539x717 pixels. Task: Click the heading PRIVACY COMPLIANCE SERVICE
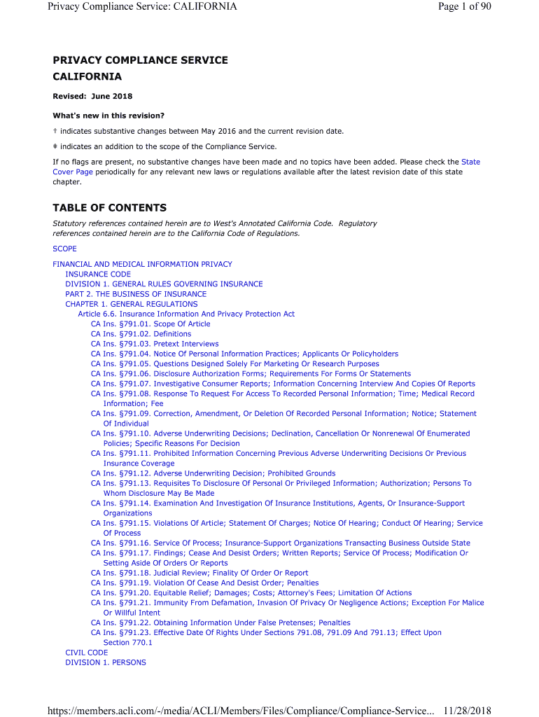pos(140,60)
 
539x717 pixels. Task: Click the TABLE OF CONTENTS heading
pos(109,208)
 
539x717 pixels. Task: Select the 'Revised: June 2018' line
pos(92,96)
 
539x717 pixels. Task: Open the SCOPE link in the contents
pos(65,249)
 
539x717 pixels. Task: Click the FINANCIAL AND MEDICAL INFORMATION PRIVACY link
pos(142,264)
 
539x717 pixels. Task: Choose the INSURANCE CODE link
pos(98,274)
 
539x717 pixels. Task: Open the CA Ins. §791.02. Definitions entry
pos(141,334)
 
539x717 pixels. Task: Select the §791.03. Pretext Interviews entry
pos(155,344)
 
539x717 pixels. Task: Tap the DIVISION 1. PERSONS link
pos(106,662)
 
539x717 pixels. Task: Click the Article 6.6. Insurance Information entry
pos(186,314)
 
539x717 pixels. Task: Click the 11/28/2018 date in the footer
pos(467,711)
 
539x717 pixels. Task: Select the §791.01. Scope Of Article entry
pos(150,324)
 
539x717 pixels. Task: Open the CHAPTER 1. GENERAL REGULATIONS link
pos(132,304)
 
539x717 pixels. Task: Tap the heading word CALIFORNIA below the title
pos(87,77)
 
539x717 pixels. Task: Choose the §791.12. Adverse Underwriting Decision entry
pos(213,473)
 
